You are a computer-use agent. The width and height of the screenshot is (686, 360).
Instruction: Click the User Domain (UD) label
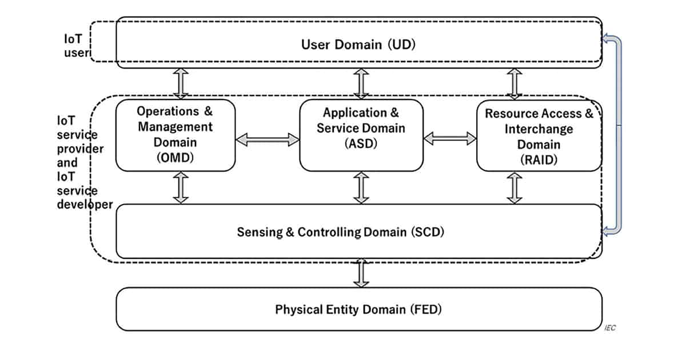tap(358, 45)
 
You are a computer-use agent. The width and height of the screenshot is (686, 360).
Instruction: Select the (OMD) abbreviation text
tap(175, 158)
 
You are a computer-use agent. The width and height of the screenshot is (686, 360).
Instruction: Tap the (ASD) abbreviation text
tap(361, 143)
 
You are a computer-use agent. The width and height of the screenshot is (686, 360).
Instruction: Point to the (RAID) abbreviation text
tap(539, 160)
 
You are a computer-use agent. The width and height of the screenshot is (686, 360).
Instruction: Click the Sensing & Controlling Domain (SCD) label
tap(341, 232)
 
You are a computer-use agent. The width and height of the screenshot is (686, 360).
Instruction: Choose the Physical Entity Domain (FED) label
tap(358, 310)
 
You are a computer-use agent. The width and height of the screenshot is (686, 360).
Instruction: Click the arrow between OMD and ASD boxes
tap(268, 139)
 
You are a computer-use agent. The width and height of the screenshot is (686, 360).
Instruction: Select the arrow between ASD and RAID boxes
tap(450, 139)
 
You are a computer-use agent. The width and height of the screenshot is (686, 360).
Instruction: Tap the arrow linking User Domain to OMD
tap(181, 83)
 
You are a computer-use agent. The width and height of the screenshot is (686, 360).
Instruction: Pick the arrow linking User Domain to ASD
tap(361, 83)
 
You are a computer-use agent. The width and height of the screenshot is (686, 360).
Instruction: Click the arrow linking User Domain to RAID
tap(514, 84)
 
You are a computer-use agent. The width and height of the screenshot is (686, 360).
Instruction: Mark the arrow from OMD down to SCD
tap(181, 187)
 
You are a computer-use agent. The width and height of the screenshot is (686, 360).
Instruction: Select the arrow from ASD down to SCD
tap(361, 187)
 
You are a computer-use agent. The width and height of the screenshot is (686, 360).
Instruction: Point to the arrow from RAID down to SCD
tap(514, 188)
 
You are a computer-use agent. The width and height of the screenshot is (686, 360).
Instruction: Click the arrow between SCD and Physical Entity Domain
tap(361, 273)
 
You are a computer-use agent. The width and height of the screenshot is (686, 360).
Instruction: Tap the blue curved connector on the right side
tap(619, 135)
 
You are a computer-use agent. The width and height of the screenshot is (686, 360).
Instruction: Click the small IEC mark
tap(610, 328)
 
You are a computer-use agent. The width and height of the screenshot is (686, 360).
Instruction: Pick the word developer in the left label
tap(85, 205)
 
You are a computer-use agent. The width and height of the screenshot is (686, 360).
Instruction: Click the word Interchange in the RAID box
tap(539, 129)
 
